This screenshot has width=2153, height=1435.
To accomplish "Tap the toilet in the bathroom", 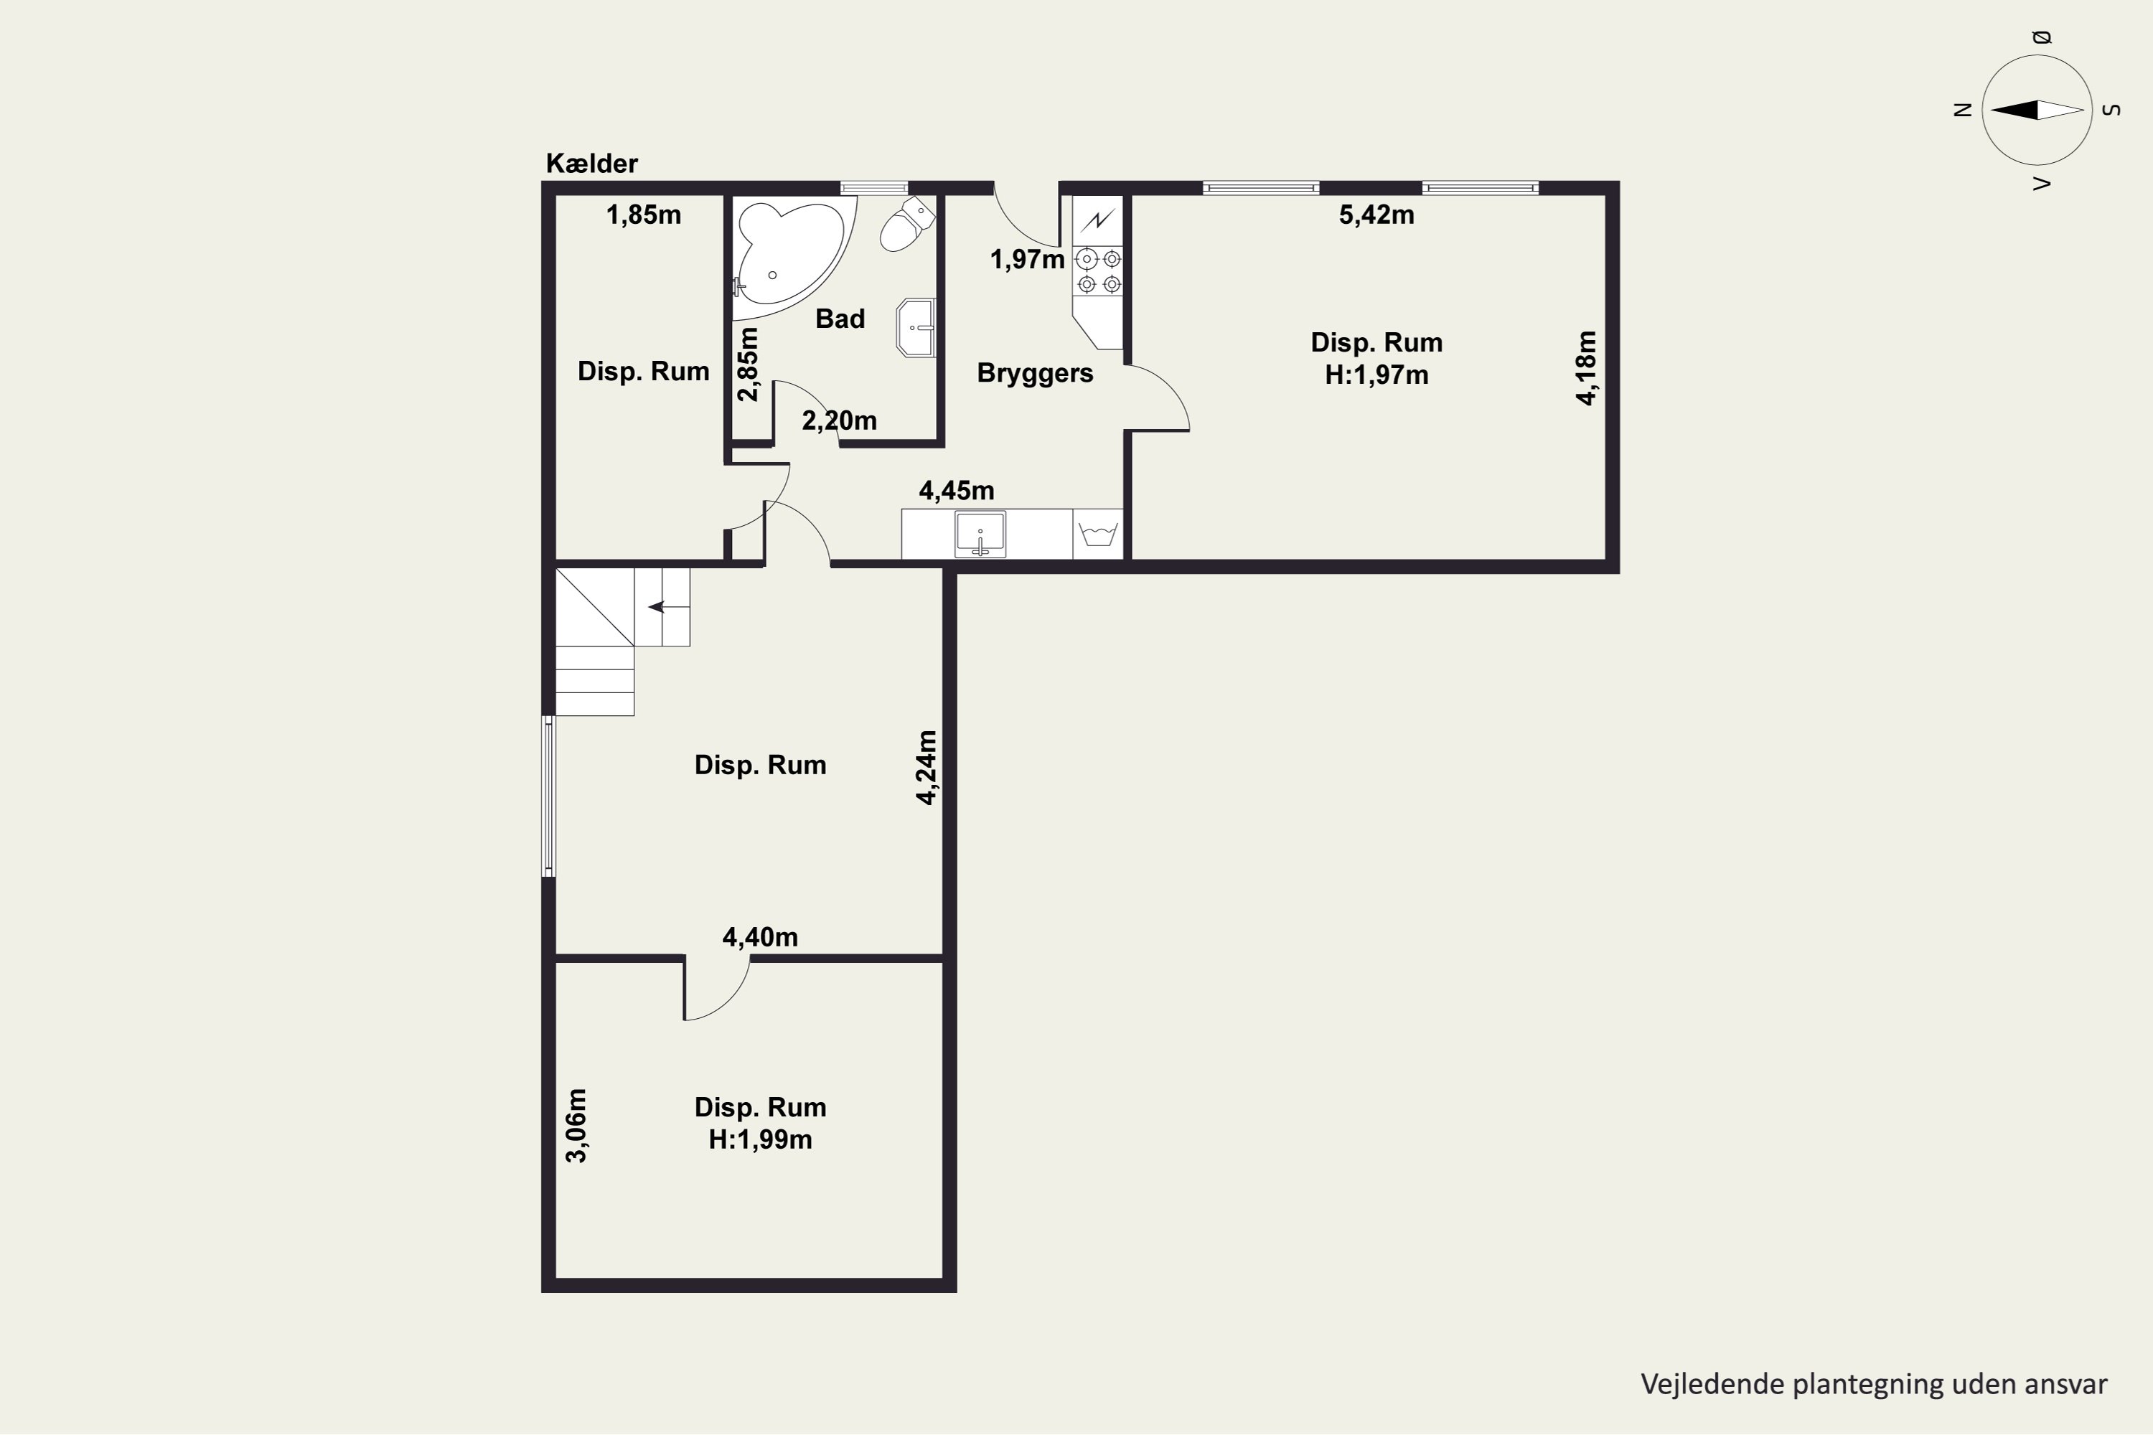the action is click(x=907, y=223).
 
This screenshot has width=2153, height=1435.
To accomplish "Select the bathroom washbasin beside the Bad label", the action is click(x=916, y=326).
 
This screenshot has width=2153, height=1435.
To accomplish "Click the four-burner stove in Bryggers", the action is click(x=1099, y=272).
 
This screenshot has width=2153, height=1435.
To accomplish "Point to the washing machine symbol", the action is click(x=1097, y=534).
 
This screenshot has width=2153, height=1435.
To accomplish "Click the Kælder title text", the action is click(x=591, y=164).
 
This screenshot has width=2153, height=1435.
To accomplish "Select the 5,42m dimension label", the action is click(x=1376, y=215).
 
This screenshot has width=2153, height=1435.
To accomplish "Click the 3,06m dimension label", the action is click(x=576, y=1126).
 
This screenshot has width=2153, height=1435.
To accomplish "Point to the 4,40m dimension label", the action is click(x=760, y=937).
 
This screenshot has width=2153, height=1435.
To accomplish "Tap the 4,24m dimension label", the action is click(x=927, y=768).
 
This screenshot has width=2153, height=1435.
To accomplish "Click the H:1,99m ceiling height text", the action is click(x=760, y=1139).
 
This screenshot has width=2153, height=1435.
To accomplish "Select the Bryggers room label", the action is click(x=1036, y=373).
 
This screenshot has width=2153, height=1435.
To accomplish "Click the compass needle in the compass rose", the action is click(x=2037, y=110).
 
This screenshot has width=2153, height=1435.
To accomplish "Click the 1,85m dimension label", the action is click(x=644, y=215).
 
